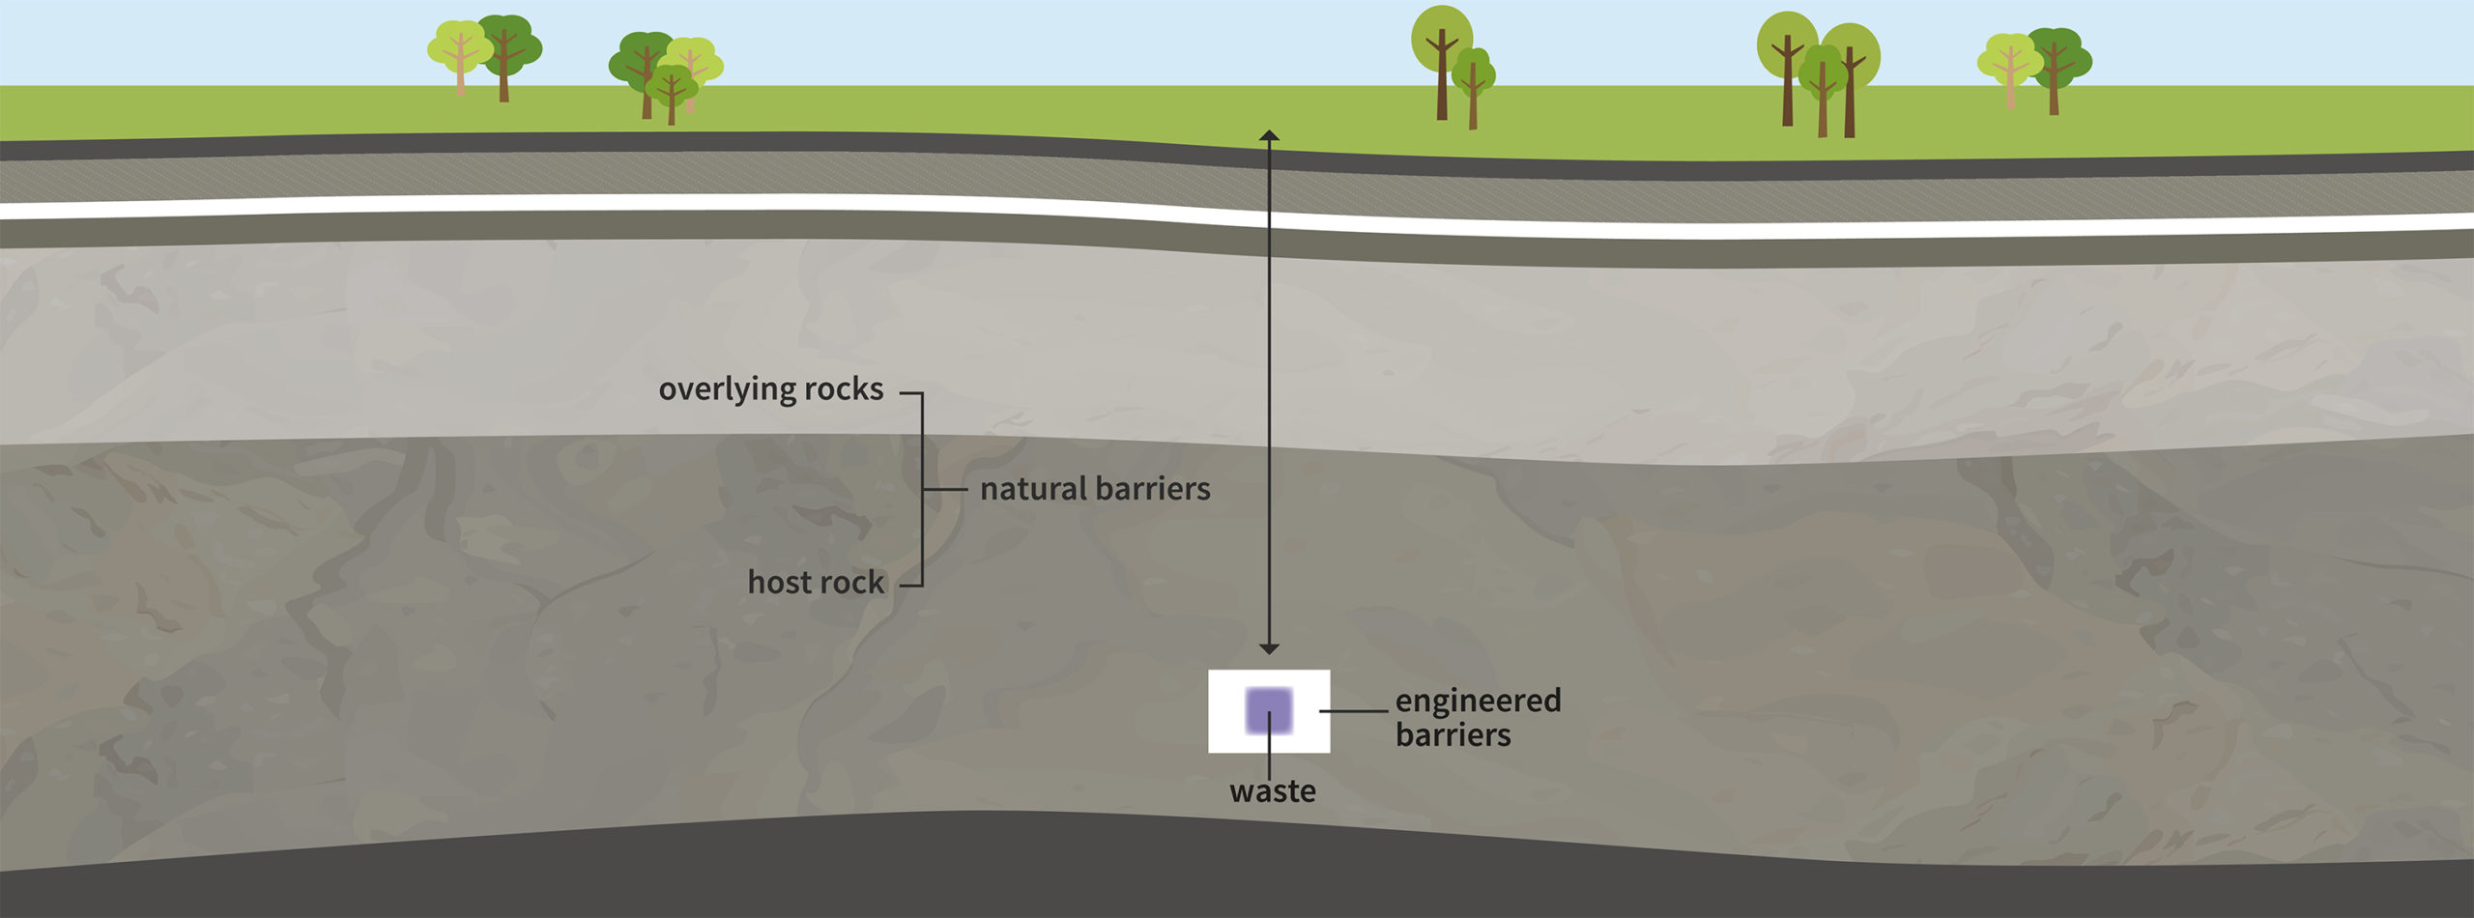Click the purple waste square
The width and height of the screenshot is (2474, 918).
[1268, 710]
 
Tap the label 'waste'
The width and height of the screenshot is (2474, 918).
[1272, 791]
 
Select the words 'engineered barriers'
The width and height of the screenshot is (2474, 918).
[1477, 717]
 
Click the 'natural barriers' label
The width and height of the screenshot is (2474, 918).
[1095, 489]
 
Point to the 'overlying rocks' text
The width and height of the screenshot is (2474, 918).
[770, 389]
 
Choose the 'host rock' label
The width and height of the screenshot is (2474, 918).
[816, 583]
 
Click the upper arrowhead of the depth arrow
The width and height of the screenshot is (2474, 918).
[1269, 136]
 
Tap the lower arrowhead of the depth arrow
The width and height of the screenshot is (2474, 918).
[1269, 647]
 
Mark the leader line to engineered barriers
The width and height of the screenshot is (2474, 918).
[1353, 711]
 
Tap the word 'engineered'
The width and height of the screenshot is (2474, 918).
[1478, 700]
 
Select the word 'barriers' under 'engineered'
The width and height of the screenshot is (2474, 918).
[1453, 735]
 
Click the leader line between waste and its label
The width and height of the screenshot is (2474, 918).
[1269, 754]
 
